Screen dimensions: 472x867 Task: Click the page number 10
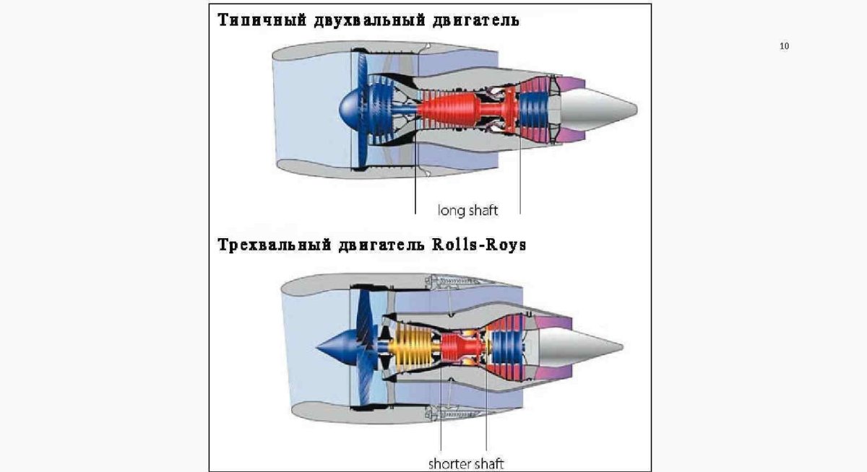(x=785, y=46)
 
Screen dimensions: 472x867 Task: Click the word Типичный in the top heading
(x=262, y=20)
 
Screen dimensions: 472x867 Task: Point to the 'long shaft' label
(x=467, y=210)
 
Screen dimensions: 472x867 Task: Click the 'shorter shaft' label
(x=465, y=463)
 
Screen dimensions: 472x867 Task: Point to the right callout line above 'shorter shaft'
(x=486, y=419)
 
